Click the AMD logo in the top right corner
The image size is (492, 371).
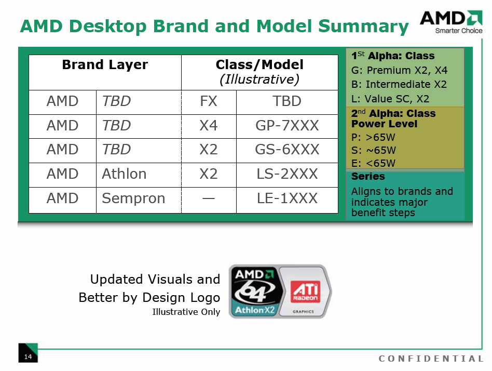point(450,21)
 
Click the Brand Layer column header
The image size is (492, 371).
point(105,65)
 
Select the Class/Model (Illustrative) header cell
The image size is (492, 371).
point(259,72)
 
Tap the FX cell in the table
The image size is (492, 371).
point(209,101)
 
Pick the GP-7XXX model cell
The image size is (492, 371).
point(287,126)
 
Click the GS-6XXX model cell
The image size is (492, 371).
point(287,150)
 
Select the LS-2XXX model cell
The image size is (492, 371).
point(287,174)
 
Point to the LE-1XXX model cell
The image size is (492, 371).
point(287,198)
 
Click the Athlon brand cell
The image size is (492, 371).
point(125,174)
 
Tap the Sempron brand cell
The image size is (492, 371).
point(133,198)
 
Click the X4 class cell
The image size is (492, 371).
point(209,126)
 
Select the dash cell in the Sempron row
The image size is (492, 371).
point(209,198)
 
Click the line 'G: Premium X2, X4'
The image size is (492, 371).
point(399,70)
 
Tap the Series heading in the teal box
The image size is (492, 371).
point(368,177)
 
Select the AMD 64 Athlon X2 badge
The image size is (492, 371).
point(255,292)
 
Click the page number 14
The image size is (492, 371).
point(28,356)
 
